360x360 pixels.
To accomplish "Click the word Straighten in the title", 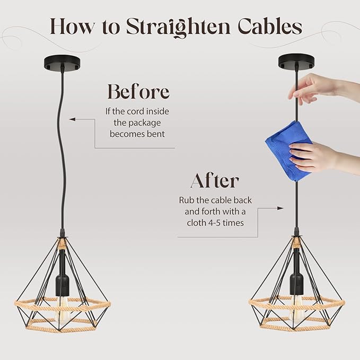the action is pyautogui.click(x=178, y=27).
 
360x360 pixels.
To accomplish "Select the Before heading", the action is pyautogui.click(x=138, y=91).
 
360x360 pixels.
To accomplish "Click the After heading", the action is pyautogui.click(x=215, y=180).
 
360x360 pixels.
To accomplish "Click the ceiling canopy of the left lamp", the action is pyautogui.click(x=62, y=63).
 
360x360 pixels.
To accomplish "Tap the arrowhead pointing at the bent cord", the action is pyautogui.click(x=73, y=119).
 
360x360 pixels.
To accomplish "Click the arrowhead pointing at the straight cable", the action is pyautogui.click(x=280, y=208).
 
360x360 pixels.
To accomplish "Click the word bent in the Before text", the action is pyautogui.click(x=156, y=134).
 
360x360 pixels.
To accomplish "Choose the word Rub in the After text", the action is pyautogui.click(x=186, y=200).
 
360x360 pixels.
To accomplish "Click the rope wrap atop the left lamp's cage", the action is pyautogui.click(x=62, y=244).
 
